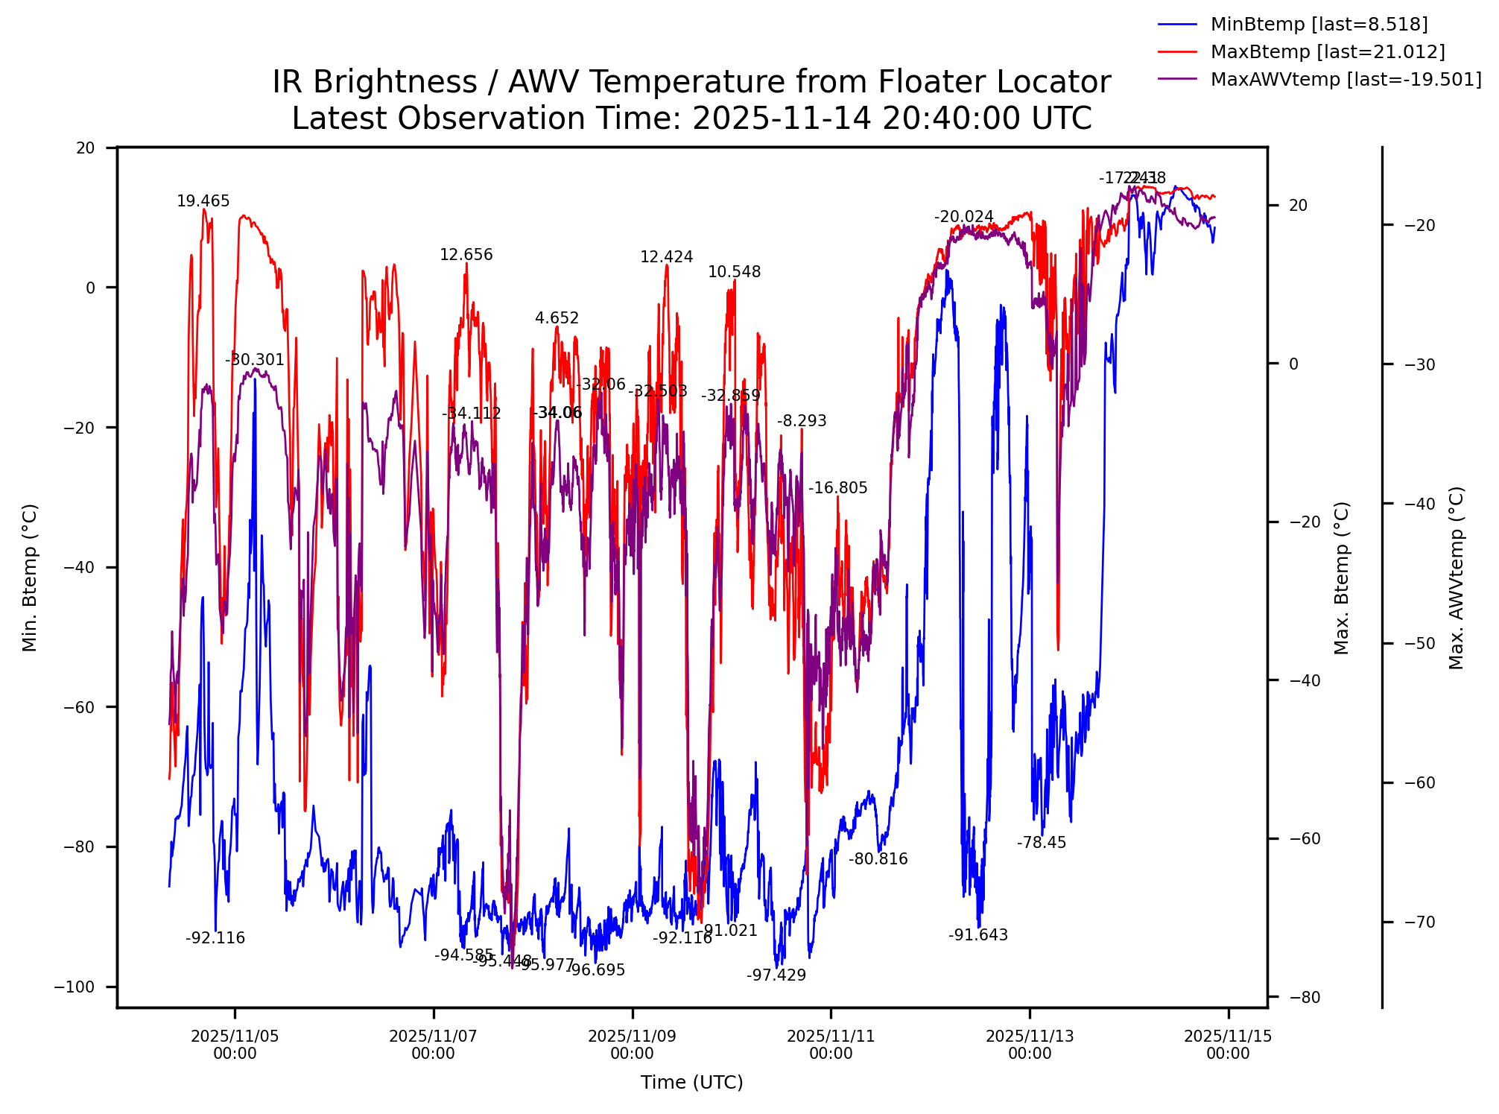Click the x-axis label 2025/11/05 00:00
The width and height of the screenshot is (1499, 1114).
[235, 1045]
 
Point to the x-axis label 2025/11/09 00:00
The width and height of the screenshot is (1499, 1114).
[632, 1045]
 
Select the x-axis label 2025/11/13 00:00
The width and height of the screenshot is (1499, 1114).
[1030, 1045]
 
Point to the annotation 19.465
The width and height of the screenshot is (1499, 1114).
[203, 201]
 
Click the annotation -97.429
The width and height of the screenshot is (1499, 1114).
[776, 975]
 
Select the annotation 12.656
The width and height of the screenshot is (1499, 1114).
[466, 255]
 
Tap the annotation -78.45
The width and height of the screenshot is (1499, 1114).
[1042, 843]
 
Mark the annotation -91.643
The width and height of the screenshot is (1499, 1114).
[978, 935]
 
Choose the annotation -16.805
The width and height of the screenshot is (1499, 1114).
[838, 488]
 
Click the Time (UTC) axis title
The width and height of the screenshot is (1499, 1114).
[692, 1083]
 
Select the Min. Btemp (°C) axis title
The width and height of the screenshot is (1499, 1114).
[30, 577]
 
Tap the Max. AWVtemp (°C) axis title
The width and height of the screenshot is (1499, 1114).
[1457, 577]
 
